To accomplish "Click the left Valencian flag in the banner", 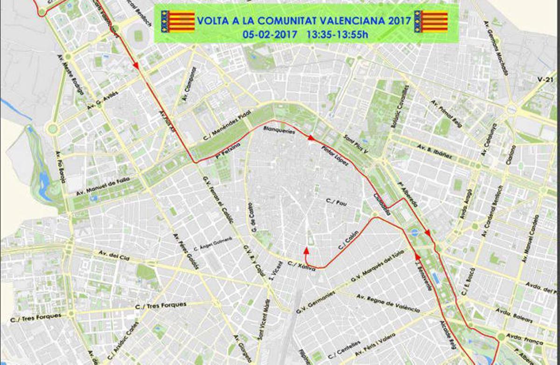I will [x=178, y=21].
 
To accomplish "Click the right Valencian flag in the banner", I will [x=431, y=21].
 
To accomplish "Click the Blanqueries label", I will [x=280, y=130].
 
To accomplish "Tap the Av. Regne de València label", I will [x=387, y=304].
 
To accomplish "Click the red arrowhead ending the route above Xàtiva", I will [x=307, y=251].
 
